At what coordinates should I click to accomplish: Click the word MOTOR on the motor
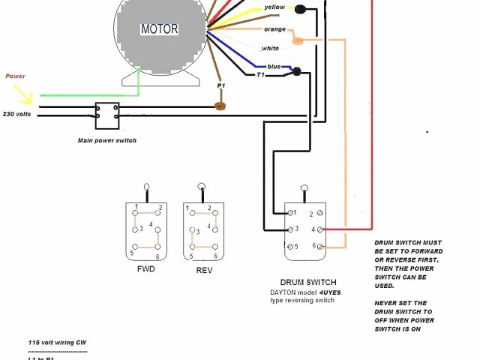click(160, 29)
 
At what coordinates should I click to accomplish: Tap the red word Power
click(15, 76)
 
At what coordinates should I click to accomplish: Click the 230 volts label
click(16, 114)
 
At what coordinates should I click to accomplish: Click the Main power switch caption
click(107, 140)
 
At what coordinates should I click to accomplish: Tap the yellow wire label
click(274, 8)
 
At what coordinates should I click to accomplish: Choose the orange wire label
click(274, 29)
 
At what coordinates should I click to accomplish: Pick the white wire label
click(270, 48)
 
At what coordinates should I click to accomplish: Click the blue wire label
click(274, 66)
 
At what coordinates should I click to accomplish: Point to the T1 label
click(261, 75)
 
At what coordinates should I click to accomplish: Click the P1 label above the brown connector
click(220, 86)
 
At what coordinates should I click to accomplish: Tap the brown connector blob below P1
click(220, 106)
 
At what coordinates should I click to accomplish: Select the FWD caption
click(146, 268)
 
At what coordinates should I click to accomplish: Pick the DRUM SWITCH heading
click(305, 283)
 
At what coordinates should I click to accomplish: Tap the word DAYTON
click(285, 292)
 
